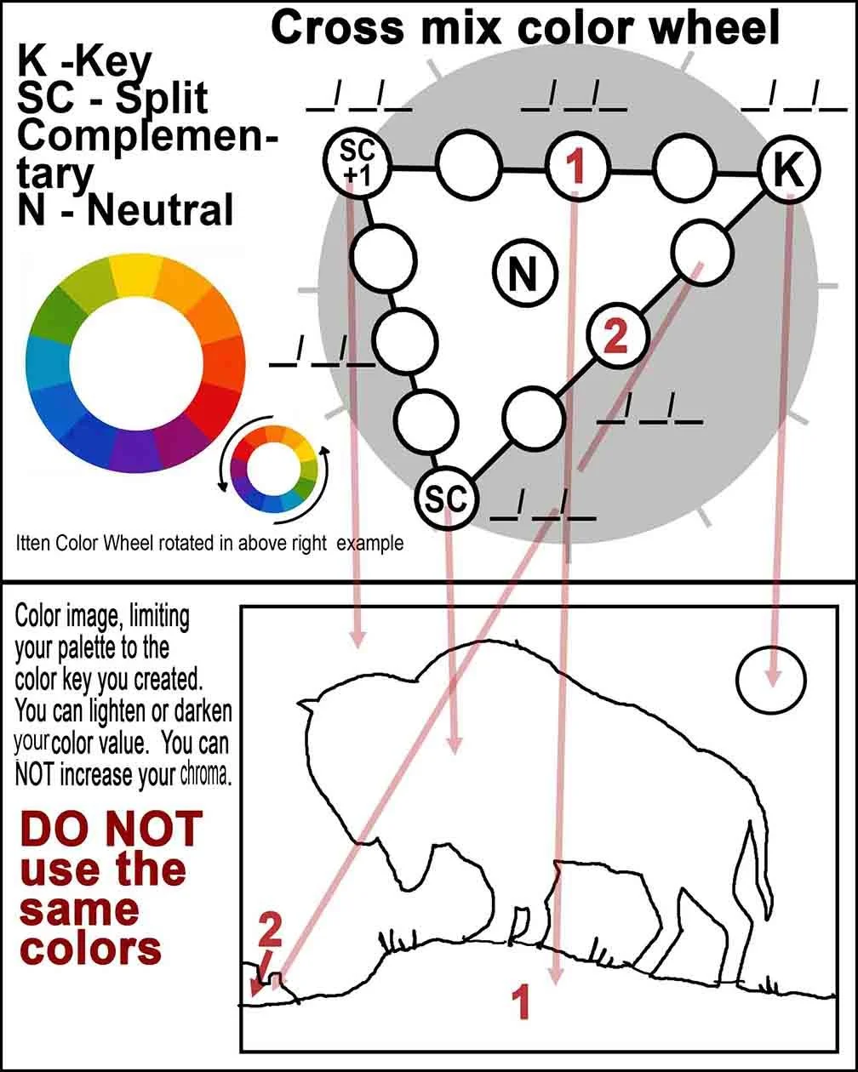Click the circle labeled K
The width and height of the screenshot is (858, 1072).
[x=789, y=171]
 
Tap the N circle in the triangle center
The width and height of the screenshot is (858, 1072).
[x=525, y=273]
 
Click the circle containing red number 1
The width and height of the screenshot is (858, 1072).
[x=576, y=168]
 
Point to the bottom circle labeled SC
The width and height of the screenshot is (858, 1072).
[x=447, y=499]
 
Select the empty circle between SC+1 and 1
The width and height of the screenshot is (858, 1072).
[x=468, y=164]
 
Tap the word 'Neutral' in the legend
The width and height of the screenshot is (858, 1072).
[x=160, y=209]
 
